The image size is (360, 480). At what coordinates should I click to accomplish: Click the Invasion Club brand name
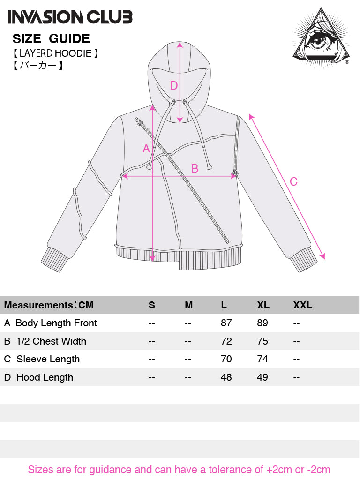[x=70, y=17]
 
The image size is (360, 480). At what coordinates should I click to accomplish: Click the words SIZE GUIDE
[x=51, y=39]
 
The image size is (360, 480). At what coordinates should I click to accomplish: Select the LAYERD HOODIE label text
[x=55, y=53]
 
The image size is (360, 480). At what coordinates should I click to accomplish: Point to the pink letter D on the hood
[x=174, y=86]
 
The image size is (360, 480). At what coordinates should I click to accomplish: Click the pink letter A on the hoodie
[x=146, y=149]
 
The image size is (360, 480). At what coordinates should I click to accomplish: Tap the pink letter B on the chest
[x=195, y=168]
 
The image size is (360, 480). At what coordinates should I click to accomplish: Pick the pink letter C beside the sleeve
[x=293, y=181]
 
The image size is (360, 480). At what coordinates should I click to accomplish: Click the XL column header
[x=263, y=305]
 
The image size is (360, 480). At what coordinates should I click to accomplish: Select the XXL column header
[x=303, y=305]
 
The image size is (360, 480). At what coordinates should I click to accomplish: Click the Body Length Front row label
[x=56, y=323]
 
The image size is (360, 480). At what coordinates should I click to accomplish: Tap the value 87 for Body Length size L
[x=226, y=323]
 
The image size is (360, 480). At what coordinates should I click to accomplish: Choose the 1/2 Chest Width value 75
[x=262, y=341]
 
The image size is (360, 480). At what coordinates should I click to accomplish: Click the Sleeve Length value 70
[x=226, y=359]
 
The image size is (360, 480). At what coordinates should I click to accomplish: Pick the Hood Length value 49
[x=262, y=377]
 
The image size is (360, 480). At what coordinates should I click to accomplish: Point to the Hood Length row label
[x=45, y=377]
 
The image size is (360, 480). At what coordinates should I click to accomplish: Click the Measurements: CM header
[x=49, y=305]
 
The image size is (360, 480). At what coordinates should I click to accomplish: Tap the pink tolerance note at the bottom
[x=179, y=469]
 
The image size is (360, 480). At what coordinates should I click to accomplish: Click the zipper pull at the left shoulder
[x=139, y=122]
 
